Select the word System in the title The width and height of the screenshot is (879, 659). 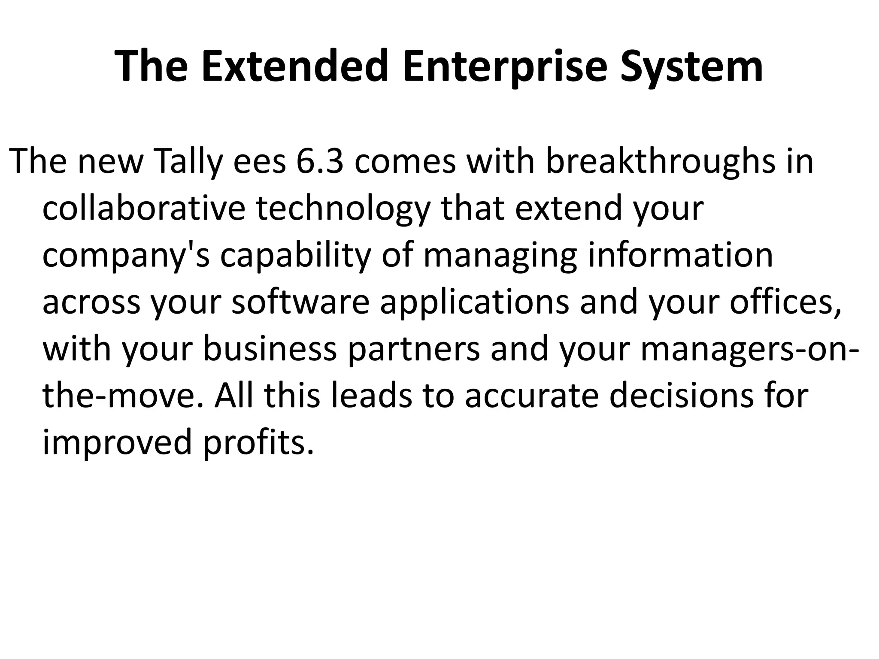point(691,67)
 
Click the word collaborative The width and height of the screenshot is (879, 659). point(144,209)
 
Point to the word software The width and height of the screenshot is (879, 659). point(300,302)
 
